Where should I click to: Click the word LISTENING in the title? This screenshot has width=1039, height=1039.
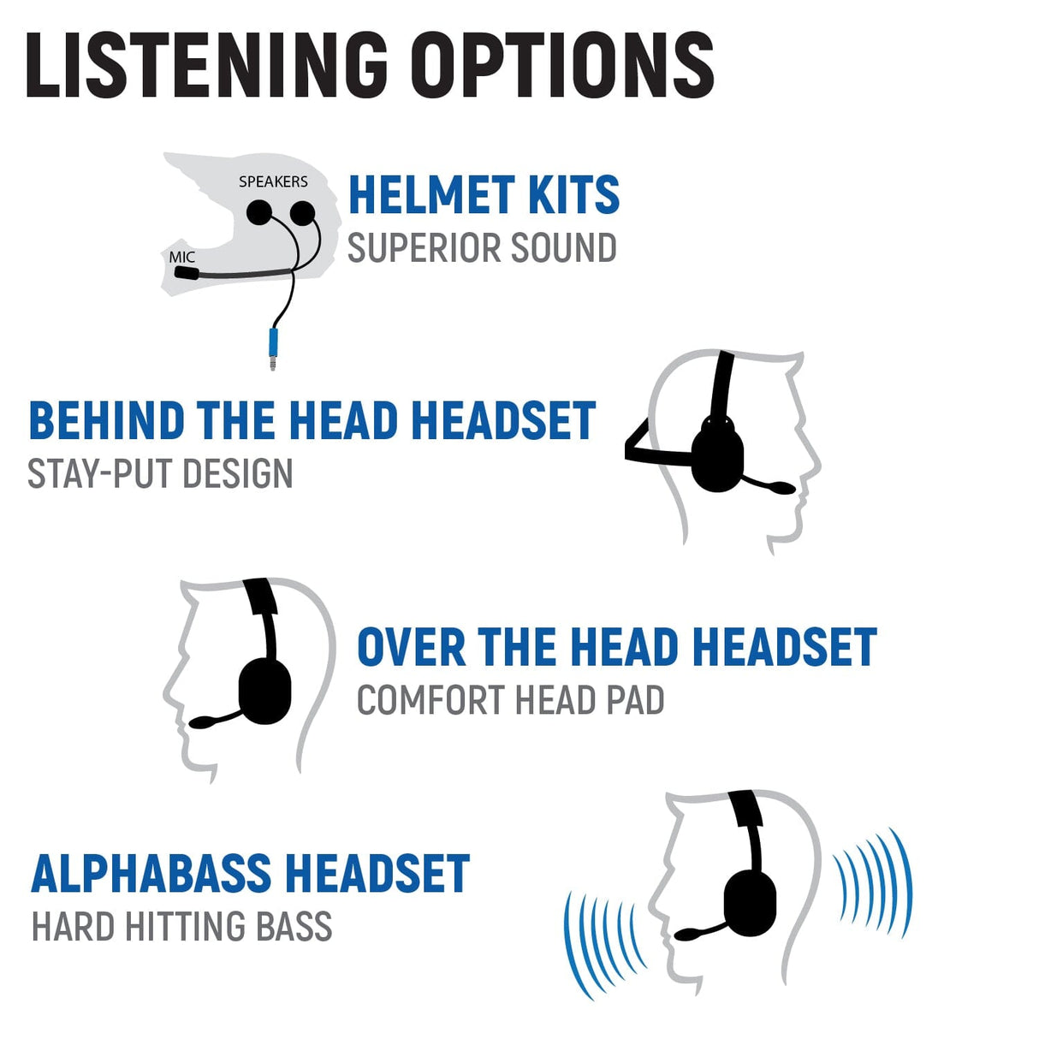point(205,66)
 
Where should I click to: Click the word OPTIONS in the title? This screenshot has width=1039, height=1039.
point(561,66)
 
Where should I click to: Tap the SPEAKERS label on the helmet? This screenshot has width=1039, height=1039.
point(273,181)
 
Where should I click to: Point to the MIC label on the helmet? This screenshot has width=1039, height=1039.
point(181,257)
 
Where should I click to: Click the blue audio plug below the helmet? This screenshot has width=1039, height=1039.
point(273,345)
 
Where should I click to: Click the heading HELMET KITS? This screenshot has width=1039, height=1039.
point(484,195)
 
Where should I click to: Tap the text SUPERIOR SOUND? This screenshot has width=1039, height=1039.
point(482,248)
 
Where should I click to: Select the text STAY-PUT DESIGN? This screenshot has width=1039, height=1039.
point(160,474)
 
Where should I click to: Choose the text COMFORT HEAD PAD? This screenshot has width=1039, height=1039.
point(510,700)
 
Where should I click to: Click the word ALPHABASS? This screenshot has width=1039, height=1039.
point(151,873)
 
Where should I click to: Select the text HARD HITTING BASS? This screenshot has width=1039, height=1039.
point(181,927)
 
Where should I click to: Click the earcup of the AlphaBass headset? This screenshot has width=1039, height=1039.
point(751,904)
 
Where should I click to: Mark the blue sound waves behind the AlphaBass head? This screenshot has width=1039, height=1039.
point(873,882)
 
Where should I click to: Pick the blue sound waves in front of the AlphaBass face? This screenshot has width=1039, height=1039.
point(603,941)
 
